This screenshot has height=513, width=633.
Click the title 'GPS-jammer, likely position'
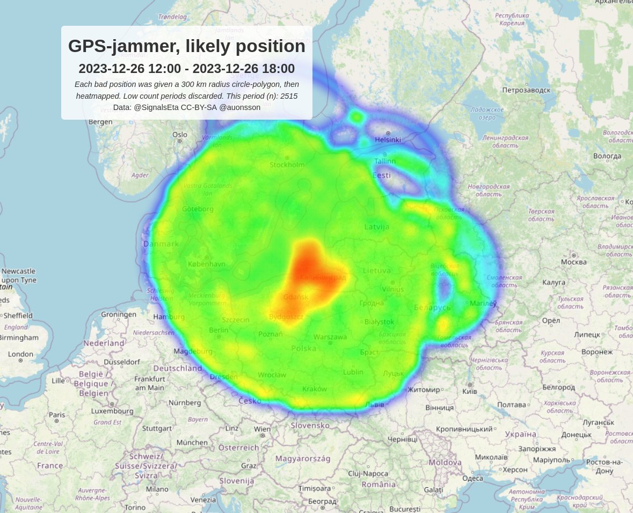point(186,47)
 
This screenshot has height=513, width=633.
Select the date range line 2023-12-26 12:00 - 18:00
point(186,69)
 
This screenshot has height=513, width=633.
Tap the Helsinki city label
point(388,140)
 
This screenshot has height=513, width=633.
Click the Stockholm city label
point(287,165)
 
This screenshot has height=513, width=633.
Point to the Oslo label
point(180,135)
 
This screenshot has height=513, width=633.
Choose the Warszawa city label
point(330,337)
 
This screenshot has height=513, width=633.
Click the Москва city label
point(573,262)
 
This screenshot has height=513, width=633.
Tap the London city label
point(20,354)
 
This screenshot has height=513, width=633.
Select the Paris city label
point(57,415)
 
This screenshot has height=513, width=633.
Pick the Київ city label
point(470,392)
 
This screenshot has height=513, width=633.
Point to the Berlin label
point(219,330)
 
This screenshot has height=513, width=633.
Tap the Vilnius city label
point(392,289)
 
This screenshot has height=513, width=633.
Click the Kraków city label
point(314,389)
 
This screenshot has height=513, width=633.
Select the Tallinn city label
point(385,160)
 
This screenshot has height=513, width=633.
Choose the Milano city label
point(157,489)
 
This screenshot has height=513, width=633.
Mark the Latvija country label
point(376,227)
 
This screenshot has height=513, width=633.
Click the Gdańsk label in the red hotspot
point(296,297)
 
